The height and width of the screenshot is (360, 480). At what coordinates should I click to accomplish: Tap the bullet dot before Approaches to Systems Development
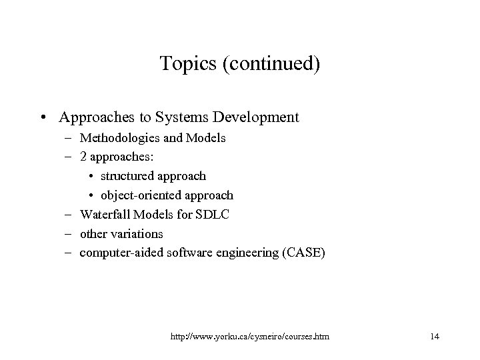click(x=43, y=118)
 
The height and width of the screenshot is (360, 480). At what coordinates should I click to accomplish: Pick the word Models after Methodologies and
click(x=206, y=139)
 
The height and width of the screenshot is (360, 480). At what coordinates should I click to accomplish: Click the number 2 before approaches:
click(x=83, y=158)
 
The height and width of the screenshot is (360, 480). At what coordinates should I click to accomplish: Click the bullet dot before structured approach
click(x=92, y=177)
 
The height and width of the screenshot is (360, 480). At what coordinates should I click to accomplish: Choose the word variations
click(x=137, y=234)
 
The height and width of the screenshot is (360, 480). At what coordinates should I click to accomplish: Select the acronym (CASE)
click(x=305, y=253)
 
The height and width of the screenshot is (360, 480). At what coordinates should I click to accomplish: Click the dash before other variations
click(x=71, y=234)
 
